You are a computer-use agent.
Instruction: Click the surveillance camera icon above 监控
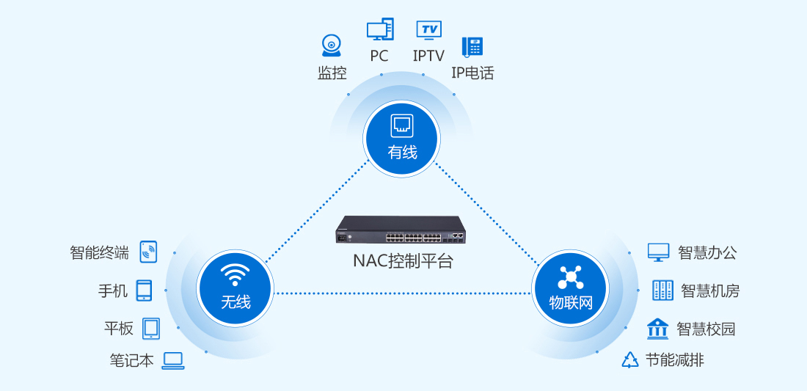(332, 45)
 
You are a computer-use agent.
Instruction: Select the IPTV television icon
(428, 30)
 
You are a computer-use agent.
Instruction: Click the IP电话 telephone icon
(472, 47)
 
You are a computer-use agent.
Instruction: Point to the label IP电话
(472, 73)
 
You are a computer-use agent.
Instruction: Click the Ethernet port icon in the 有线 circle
(402, 126)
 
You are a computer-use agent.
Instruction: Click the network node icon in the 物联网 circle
(570, 278)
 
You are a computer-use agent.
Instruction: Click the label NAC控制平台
(403, 261)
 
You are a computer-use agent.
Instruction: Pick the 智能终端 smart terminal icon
(148, 252)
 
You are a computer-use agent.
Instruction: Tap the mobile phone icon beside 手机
(144, 290)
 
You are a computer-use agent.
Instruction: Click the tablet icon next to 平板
(151, 329)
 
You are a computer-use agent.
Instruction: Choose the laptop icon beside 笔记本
(173, 361)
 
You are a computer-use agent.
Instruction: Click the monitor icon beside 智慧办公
(658, 252)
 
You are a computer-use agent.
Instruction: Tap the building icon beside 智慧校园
(658, 329)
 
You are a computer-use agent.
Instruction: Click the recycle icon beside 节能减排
(630, 360)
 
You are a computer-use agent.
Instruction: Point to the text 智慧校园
(706, 329)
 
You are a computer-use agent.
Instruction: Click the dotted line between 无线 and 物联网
(403, 293)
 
